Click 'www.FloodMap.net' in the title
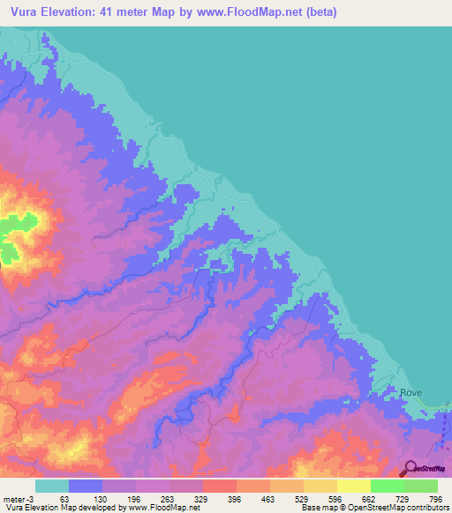coord(251,12)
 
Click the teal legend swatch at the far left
coord(52,486)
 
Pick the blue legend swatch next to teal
coord(86,486)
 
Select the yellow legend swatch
coord(353,486)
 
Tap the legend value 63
coord(65,498)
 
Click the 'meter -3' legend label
coord(18,498)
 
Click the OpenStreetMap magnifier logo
coord(409,468)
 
